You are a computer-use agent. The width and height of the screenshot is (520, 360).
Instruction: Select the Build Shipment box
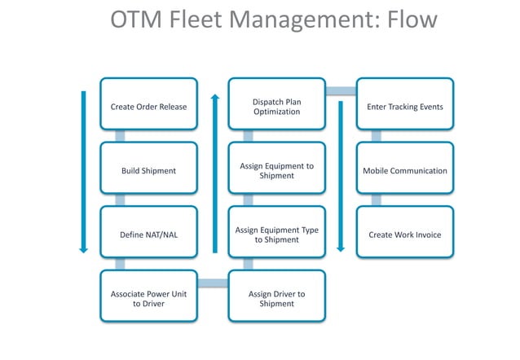pyautogui.click(x=148, y=170)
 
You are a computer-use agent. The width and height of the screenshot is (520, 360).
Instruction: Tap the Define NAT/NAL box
pyautogui.click(x=148, y=235)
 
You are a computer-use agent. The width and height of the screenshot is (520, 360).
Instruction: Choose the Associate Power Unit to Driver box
pyautogui.click(x=148, y=297)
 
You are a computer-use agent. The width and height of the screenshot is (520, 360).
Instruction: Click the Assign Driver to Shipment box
pyautogui.click(x=276, y=297)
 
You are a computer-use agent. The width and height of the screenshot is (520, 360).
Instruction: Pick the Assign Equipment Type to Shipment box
pyautogui.click(x=276, y=235)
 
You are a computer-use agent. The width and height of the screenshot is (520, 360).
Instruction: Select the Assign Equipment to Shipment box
pyautogui.click(x=276, y=170)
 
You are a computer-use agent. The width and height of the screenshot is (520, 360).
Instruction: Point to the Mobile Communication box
pyautogui.click(x=405, y=170)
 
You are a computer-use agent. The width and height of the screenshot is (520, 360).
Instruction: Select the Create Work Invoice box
pyautogui.click(x=405, y=235)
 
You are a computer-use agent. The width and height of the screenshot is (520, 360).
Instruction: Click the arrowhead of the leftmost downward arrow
pyautogui.click(x=83, y=248)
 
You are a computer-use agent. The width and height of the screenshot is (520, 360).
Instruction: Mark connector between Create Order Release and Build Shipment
pyautogui.click(x=120, y=136)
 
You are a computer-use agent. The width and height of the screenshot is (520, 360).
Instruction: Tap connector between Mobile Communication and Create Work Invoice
pyautogui.click(x=376, y=200)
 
